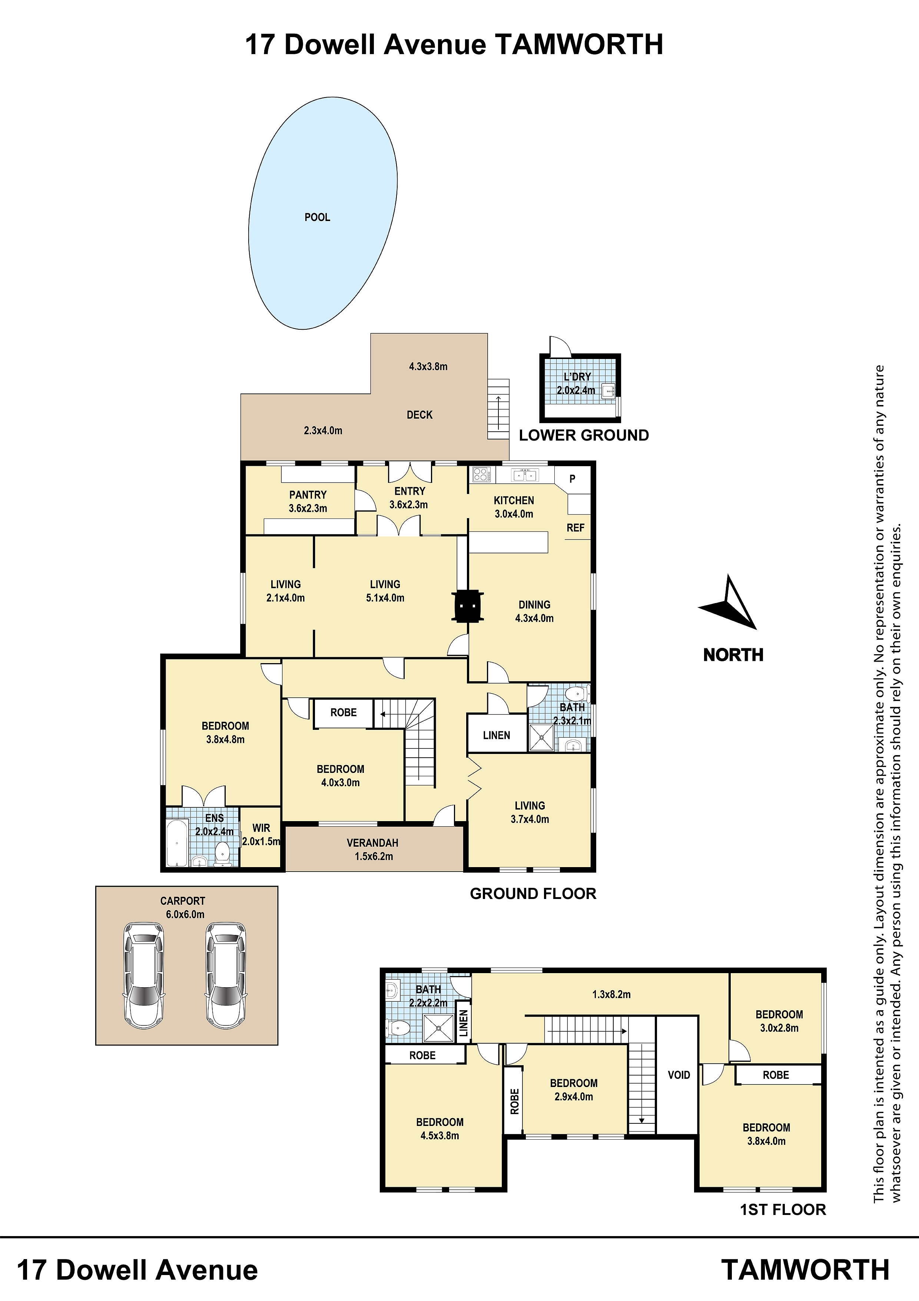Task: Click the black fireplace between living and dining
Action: click(468, 606)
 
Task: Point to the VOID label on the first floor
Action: click(679, 1075)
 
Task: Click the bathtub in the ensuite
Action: click(177, 843)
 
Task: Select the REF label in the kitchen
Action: click(575, 527)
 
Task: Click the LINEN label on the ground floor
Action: click(497, 735)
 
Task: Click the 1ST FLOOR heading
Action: click(783, 1210)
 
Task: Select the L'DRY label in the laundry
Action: click(577, 377)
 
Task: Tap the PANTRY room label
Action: click(308, 495)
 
